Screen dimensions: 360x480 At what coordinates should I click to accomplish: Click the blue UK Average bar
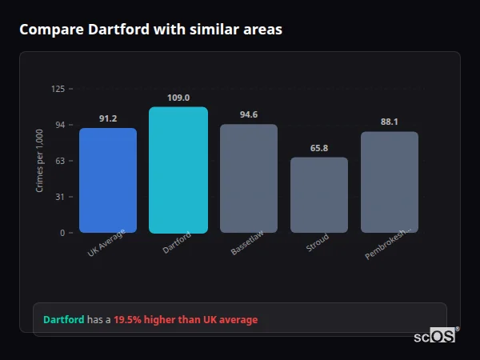pyautogui.click(x=108, y=180)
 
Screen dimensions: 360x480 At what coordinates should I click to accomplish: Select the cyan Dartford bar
pyautogui.click(x=178, y=170)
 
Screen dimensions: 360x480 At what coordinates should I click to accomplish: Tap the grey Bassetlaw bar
pyautogui.click(x=249, y=178)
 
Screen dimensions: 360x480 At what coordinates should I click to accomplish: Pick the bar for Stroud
pyautogui.click(x=319, y=194)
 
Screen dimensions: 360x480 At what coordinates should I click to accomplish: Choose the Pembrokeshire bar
pyautogui.click(x=390, y=182)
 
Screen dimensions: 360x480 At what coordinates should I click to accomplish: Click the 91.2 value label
pyautogui.click(x=108, y=118)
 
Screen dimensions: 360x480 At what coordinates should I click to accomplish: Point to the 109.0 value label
pyautogui.click(x=178, y=98)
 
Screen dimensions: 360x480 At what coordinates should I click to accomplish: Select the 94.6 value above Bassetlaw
pyautogui.click(x=249, y=114)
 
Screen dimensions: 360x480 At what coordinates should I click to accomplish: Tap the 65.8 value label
pyautogui.click(x=319, y=148)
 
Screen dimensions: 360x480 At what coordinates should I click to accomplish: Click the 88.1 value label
pyautogui.click(x=390, y=122)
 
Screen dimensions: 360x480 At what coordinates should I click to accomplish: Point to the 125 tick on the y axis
pyautogui.click(x=58, y=89)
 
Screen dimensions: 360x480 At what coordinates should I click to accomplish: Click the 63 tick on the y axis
pyautogui.click(x=60, y=161)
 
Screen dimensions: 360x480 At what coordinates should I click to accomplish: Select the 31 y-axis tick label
pyautogui.click(x=60, y=197)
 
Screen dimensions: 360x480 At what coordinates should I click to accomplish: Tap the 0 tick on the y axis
pyautogui.click(x=62, y=233)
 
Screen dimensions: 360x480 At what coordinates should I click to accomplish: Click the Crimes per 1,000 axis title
pyautogui.click(x=40, y=161)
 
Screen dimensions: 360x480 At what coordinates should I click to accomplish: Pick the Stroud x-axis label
pyautogui.click(x=318, y=244)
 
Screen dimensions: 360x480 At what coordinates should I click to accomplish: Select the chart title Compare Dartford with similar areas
pyautogui.click(x=150, y=30)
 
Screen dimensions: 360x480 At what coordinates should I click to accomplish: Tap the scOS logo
pyautogui.click(x=435, y=337)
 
